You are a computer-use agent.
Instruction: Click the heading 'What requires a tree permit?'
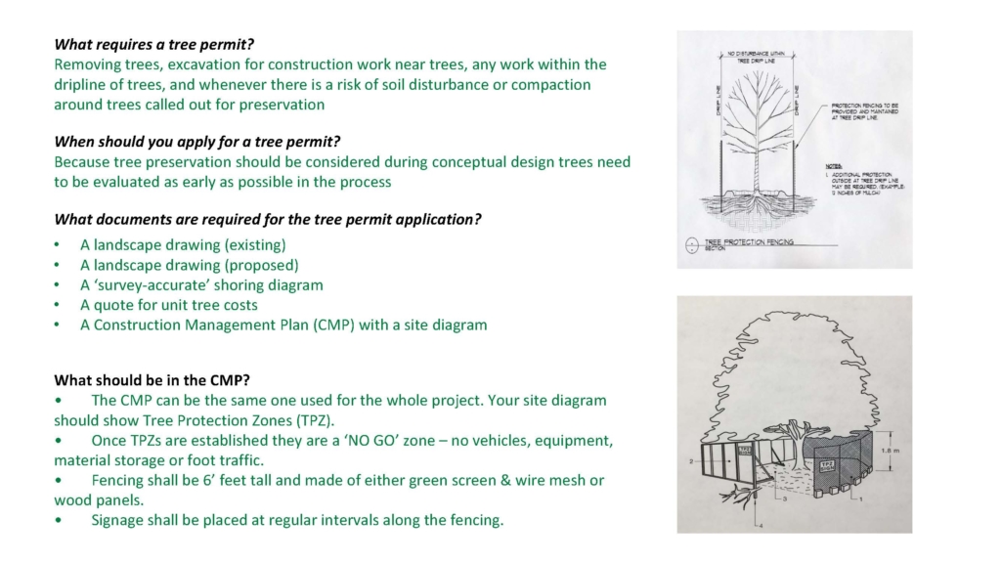[161, 44]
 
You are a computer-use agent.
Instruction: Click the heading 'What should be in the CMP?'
[152, 379]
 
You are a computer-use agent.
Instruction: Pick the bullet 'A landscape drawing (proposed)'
[189, 265]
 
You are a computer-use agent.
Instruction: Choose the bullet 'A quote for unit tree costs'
[168, 304]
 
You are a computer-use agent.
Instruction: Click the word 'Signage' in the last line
[119, 519]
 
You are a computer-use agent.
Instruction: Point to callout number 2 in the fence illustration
[690, 460]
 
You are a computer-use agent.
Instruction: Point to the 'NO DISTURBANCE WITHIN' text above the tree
[758, 52]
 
